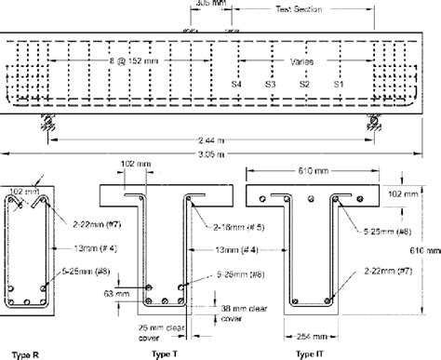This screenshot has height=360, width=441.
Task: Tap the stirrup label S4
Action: pyautogui.click(x=238, y=85)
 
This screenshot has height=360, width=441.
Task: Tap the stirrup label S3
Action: pyautogui.click(x=271, y=85)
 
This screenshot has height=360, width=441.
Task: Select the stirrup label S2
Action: pyautogui.click(x=303, y=85)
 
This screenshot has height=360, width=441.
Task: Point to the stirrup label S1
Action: pyautogui.click(x=338, y=85)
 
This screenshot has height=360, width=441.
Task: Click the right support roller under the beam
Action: pyautogui.click(x=373, y=121)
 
